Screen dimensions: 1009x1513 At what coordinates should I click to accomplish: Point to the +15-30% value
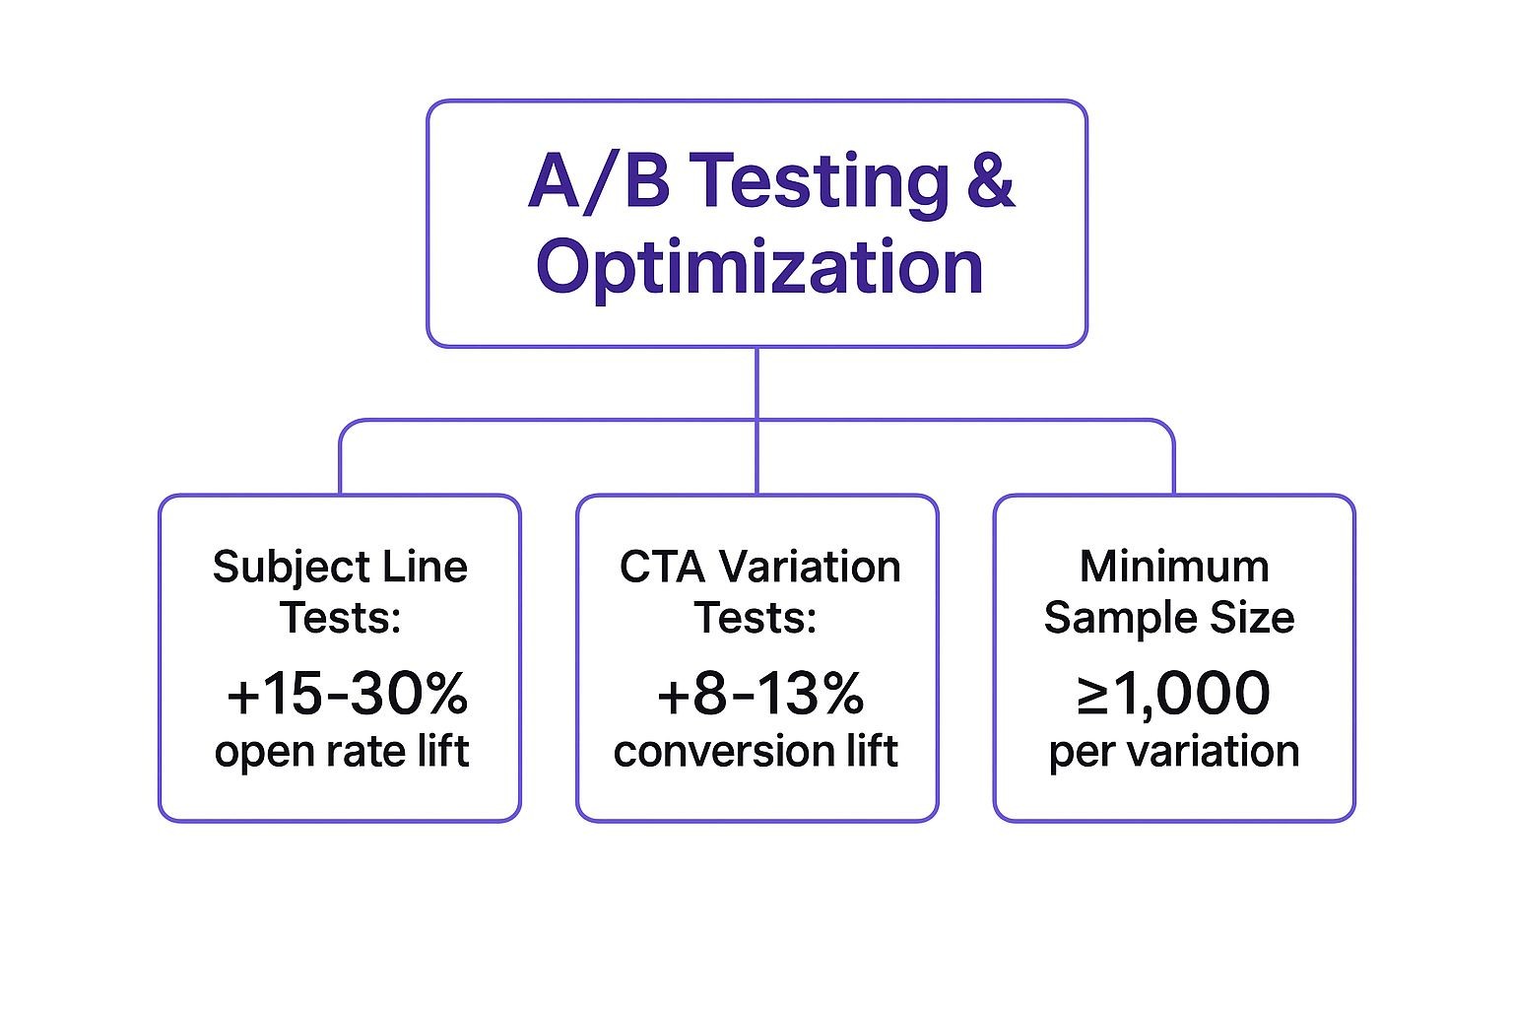coord(347,694)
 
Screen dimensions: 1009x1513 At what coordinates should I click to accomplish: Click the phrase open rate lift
coord(341,751)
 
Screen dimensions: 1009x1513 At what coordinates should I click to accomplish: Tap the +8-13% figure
coord(759,694)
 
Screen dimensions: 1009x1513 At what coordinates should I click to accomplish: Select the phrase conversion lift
coord(756,751)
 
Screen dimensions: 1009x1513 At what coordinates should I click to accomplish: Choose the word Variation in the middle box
coord(810,567)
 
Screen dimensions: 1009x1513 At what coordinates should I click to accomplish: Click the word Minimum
coord(1174,567)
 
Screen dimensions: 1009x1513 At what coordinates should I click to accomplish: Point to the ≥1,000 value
coord(1172,694)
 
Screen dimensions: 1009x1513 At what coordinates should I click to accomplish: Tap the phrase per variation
coord(1173,751)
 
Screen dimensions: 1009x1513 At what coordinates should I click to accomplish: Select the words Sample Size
coord(1169,618)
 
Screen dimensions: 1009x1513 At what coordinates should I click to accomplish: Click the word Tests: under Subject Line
coord(340,618)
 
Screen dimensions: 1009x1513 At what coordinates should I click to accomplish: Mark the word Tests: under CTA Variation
coord(756,618)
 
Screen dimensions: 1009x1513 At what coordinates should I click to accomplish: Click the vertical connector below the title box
coord(756,384)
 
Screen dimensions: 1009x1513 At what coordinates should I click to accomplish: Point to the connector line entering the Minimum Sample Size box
coord(1174,463)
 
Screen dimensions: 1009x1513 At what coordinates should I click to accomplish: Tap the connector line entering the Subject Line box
coord(341,463)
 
